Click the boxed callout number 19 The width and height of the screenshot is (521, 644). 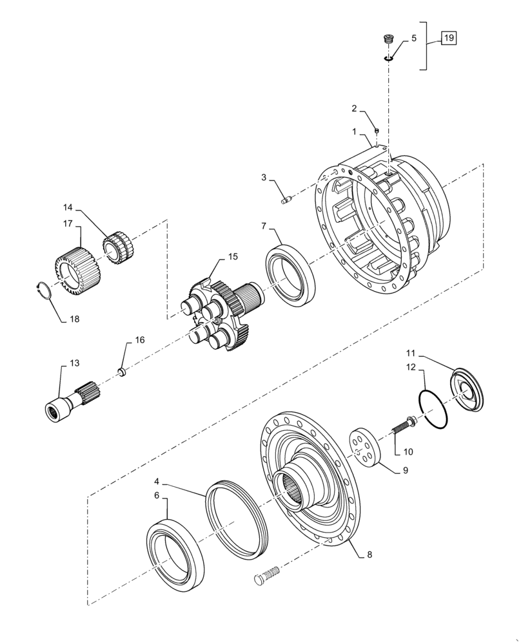click(x=448, y=39)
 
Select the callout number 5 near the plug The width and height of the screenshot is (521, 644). click(x=413, y=38)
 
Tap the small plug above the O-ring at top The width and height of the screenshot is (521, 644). click(x=388, y=40)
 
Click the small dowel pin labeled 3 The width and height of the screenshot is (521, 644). click(x=287, y=200)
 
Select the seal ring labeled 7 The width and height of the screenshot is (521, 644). click(x=291, y=274)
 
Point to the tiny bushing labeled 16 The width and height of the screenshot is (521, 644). click(x=119, y=370)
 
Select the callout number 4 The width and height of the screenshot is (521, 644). click(x=157, y=481)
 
